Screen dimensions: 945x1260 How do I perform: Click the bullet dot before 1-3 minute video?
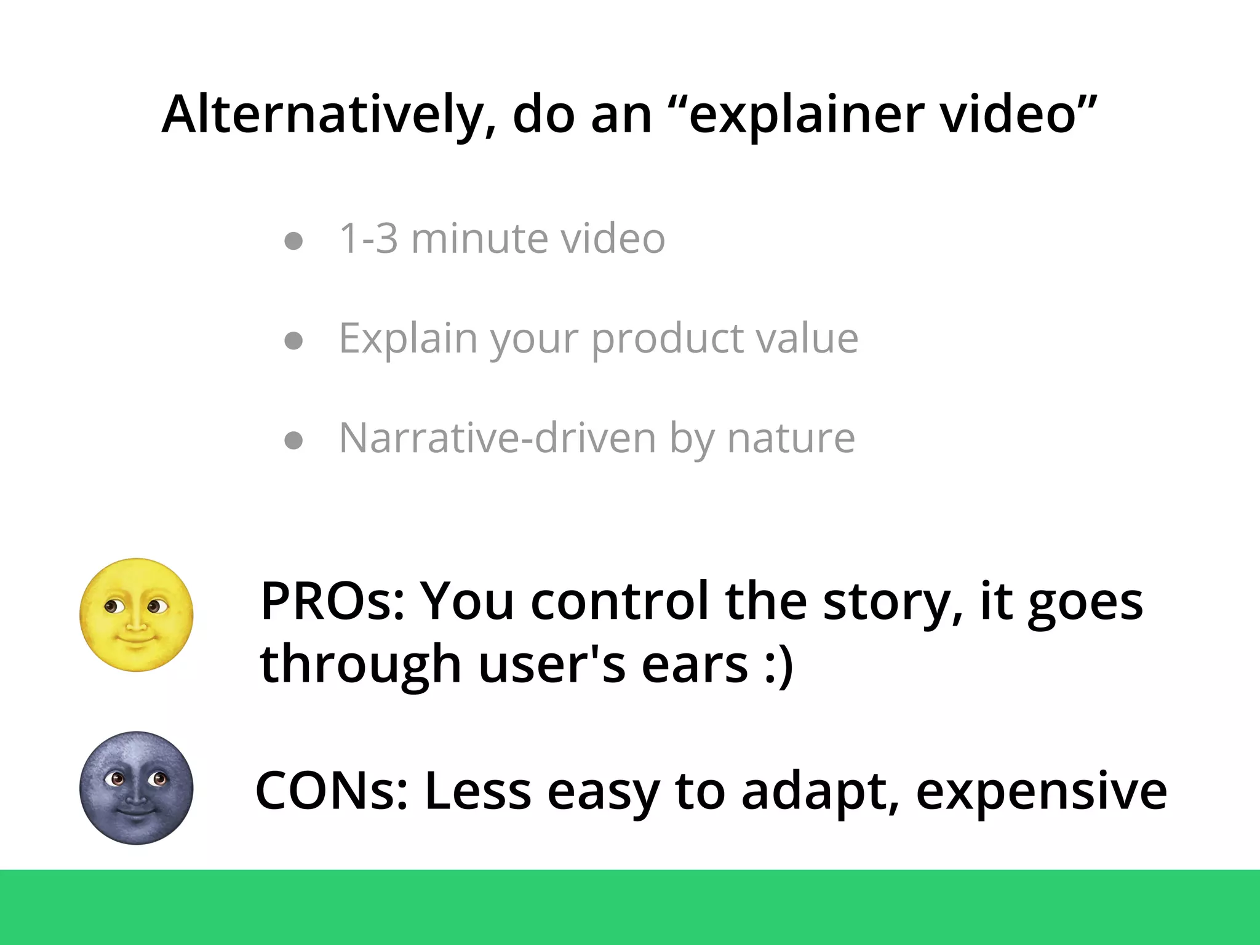tap(294, 241)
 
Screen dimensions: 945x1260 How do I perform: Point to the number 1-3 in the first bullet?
tap(369, 239)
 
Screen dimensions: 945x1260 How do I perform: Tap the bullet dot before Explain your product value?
tap(294, 340)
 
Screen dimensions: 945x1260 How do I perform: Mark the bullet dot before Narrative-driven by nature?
tap(294, 441)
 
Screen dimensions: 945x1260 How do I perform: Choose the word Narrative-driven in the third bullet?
tap(498, 438)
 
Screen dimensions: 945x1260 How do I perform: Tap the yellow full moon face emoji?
tap(137, 615)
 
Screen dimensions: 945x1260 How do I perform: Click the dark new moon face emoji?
tap(137, 787)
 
